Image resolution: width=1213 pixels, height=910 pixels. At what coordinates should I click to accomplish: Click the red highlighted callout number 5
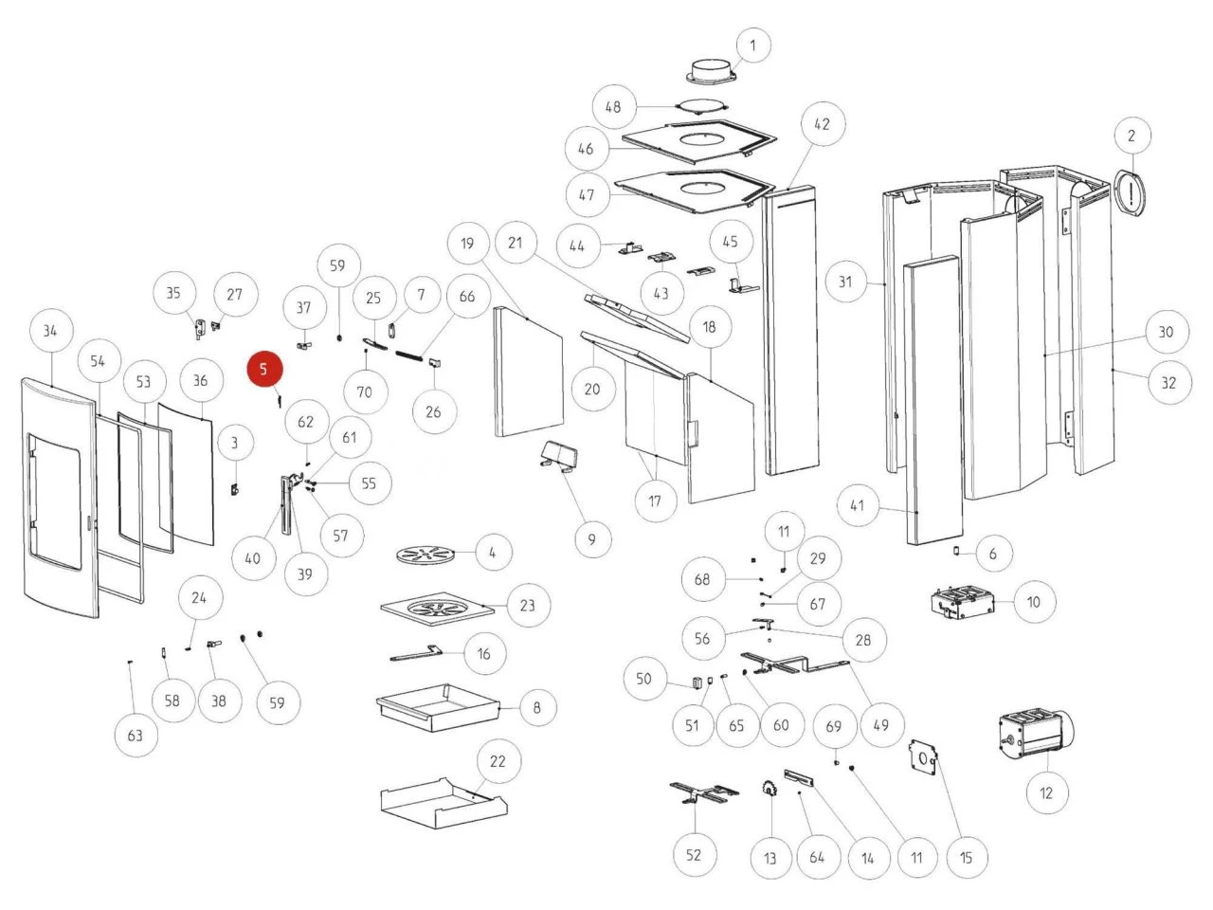click(x=264, y=370)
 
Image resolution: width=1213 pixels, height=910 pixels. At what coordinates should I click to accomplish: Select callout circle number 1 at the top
click(x=753, y=45)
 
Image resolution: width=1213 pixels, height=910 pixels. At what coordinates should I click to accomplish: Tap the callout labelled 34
click(x=50, y=331)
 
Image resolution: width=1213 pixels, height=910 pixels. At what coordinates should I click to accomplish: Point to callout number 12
click(x=1046, y=792)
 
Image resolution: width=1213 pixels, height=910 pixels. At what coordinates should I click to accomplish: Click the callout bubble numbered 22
click(x=498, y=761)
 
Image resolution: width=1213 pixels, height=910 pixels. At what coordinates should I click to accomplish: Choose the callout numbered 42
click(x=822, y=124)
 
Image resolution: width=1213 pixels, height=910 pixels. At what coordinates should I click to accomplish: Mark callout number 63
click(x=136, y=736)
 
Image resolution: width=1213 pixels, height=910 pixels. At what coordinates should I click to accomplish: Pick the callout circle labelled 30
click(x=1166, y=332)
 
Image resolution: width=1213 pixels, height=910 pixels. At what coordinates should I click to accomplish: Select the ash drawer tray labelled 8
click(x=438, y=706)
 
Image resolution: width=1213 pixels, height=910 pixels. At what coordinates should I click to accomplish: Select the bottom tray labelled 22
click(x=441, y=802)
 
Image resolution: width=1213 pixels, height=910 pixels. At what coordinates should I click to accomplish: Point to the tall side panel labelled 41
click(x=933, y=403)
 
